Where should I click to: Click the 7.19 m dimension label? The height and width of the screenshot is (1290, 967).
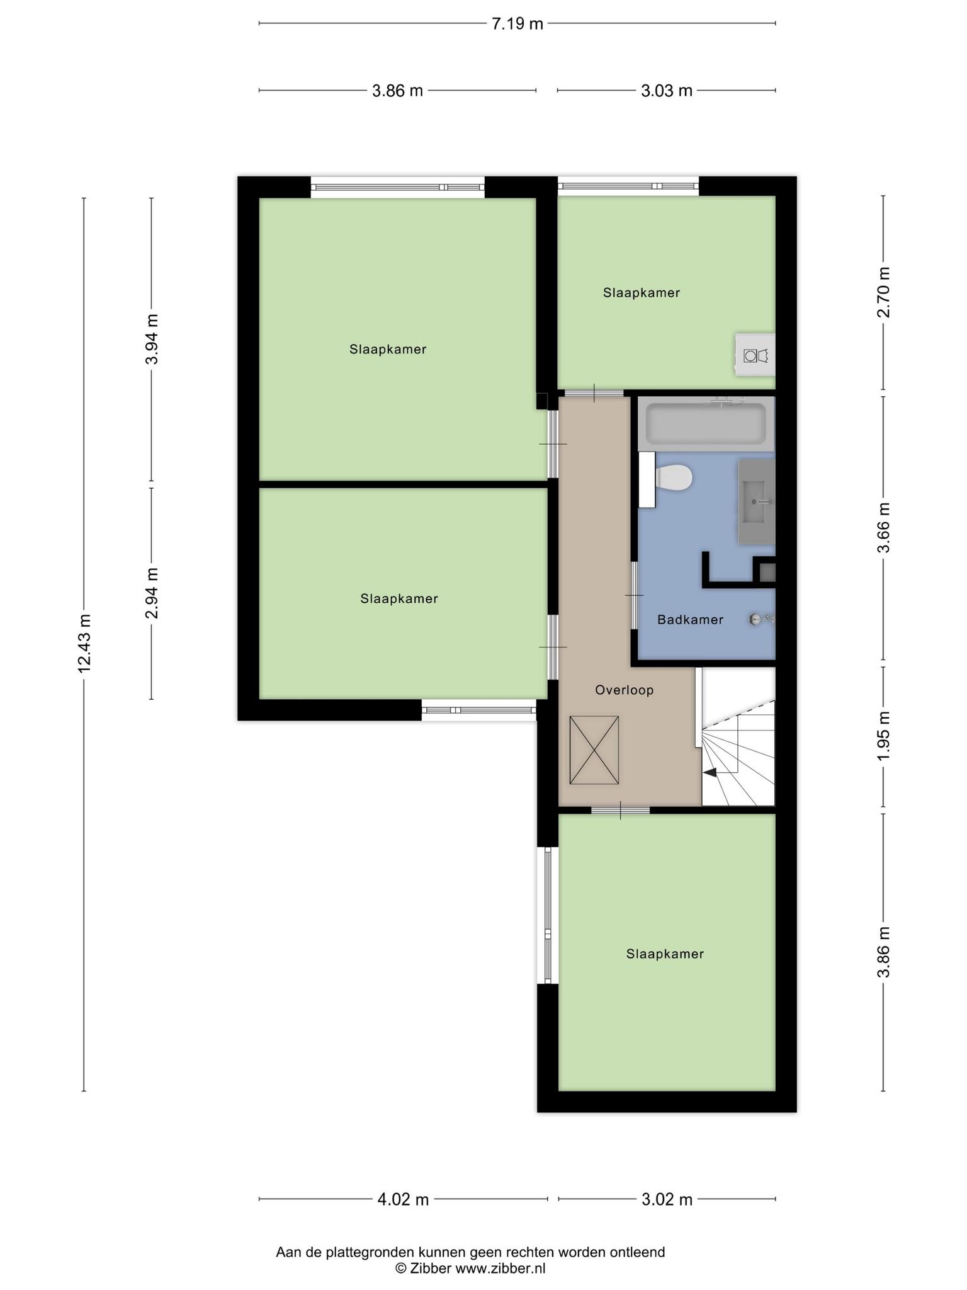[x=517, y=24]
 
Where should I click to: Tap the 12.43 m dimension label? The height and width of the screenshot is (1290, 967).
[x=85, y=643]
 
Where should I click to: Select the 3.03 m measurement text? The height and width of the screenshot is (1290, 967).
[x=667, y=91]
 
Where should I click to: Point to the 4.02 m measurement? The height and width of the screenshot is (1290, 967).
[x=403, y=1199]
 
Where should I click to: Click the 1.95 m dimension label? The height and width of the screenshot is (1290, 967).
[x=884, y=736]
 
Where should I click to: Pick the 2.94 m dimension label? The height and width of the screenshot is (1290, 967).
[x=152, y=593]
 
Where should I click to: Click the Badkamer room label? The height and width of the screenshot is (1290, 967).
[x=690, y=620]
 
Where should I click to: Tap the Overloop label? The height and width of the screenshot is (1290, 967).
[x=625, y=690]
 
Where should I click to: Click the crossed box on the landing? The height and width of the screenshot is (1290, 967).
[x=594, y=750]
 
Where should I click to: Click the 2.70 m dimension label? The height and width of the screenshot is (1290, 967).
[x=884, y=292]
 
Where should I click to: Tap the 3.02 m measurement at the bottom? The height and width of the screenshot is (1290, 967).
[x=667, y=1199]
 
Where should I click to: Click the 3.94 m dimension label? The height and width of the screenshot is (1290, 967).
[x=152, y=339]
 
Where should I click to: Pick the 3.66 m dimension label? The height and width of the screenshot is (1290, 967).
[x=884, y=528]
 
